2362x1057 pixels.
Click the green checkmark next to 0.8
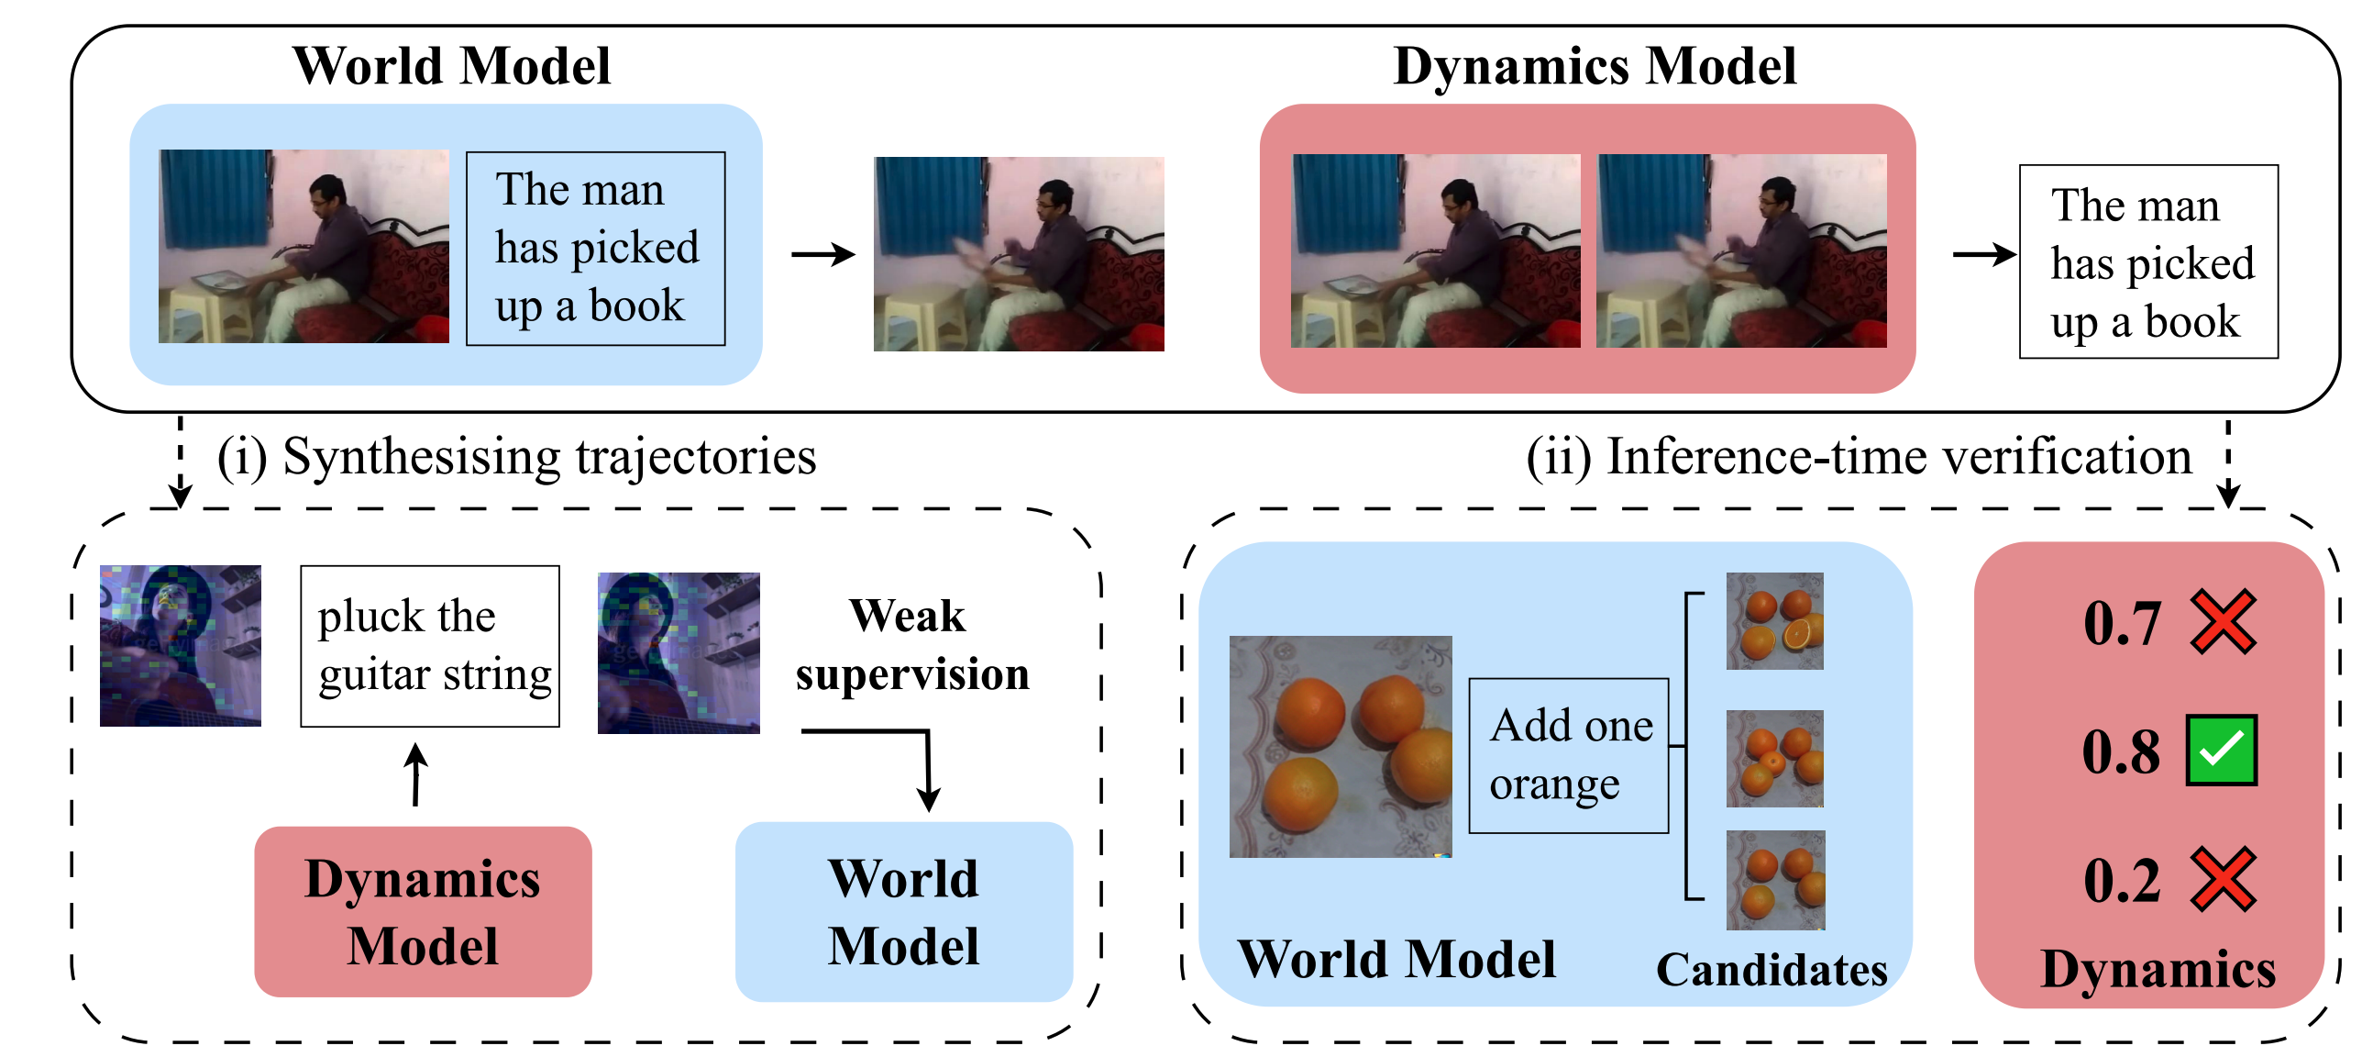click(x=2221, y=751)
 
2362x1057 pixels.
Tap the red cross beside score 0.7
click(x=2223, y=622)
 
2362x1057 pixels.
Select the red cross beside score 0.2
click(x=2223, y=880)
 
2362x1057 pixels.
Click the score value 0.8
click(x=2120, y=752)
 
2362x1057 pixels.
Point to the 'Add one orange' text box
click(x=1568, y=755)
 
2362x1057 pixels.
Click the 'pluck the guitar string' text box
click(x=430, y=646)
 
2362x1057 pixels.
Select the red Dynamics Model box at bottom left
click(x=423, y=911)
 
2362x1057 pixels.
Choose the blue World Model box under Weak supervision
click(x=903, y=911)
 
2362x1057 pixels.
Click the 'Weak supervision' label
click(x=911, y=644)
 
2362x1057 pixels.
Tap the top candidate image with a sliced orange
click(x=1774, y=621)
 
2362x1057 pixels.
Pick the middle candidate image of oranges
click(x=1774, y=759)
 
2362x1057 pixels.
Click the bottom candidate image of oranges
click(x=1775, y=880)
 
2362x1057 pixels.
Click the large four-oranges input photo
click(x=1340, y=746)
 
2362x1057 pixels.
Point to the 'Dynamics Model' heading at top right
click(x=1594, y=67)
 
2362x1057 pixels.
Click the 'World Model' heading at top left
click(x=451, y=67)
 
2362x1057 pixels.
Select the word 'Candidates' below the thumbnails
click(x=1771, y=970)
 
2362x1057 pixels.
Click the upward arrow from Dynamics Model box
click(x=416, y=774)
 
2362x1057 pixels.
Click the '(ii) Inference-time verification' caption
click(x=1858, y=457)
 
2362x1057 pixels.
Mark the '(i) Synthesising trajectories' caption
click(x=516, y=457)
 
